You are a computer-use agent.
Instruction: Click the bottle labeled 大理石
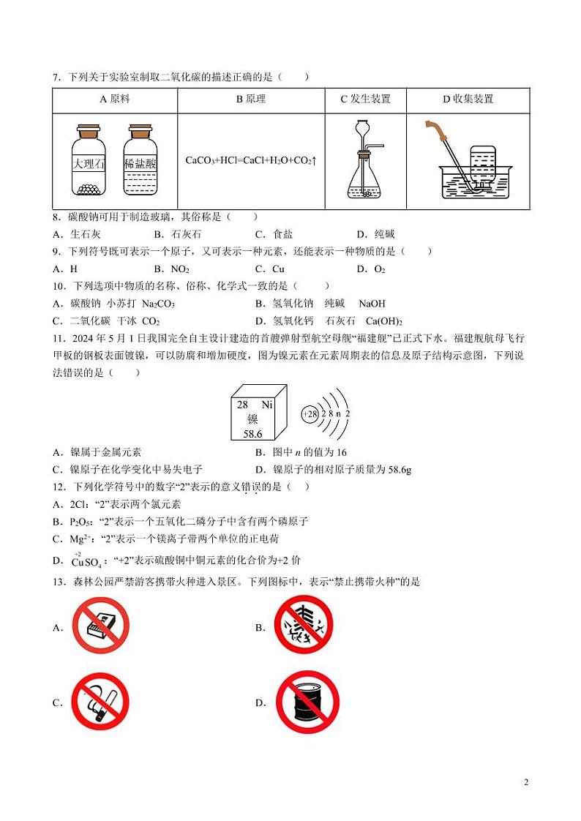coord(89,162)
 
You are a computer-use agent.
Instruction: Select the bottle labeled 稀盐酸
coord(140,162)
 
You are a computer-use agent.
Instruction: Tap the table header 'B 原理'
coord(251,100)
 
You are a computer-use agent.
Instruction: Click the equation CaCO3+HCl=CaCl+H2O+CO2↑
coord(251,160)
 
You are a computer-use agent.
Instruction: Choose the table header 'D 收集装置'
coord(468,100)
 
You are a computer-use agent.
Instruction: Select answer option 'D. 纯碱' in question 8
coord(375,234)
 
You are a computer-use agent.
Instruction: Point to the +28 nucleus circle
coord(310,414)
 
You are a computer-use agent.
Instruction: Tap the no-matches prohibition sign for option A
coord(100,626)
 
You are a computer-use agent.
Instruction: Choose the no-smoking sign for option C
coord(100,702)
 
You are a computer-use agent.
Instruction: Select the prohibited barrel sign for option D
coord(307,702)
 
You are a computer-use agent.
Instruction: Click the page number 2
coord(526,782)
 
